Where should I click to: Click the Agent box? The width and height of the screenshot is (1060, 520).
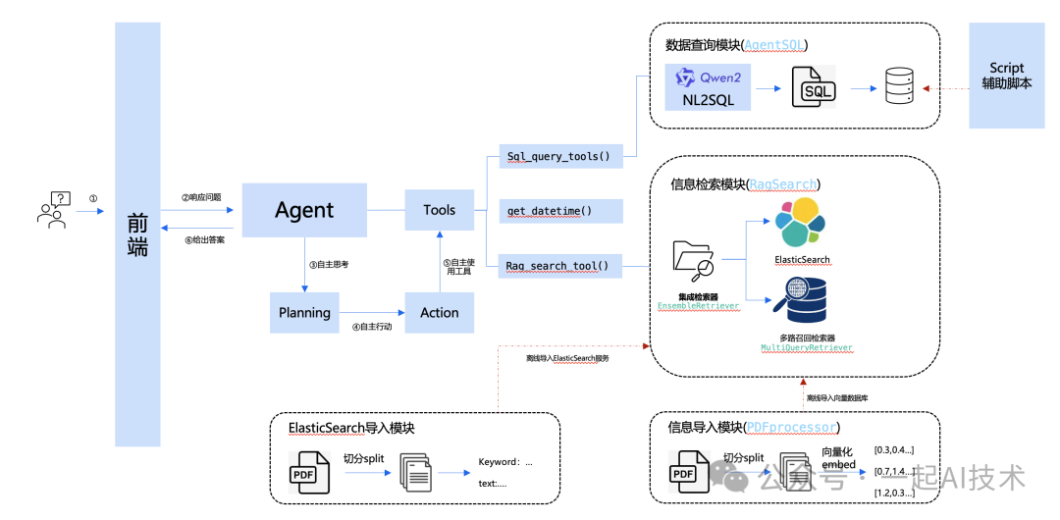[304, 210]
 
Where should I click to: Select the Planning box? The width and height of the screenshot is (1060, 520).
[304, 312]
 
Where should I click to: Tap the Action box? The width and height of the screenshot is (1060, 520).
[439, 312]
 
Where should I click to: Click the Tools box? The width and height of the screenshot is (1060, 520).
[439, 210]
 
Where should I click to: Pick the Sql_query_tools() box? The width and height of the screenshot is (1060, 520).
[559, 156]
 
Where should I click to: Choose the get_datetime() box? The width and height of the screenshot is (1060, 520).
[559, 211]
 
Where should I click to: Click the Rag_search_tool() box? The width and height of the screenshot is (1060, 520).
[559, 265]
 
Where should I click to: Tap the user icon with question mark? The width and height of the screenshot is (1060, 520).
[53, 210]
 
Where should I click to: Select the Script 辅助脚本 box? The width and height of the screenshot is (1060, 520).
[1007, 76]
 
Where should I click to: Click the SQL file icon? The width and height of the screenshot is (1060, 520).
[814, 87]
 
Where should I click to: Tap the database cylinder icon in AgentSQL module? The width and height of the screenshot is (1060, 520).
[897, 87]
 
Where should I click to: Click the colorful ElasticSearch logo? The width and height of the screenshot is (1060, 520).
[802, 224]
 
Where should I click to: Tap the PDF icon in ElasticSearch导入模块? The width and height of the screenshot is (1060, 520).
[307, 472]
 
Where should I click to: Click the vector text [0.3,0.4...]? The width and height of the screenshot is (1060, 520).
[893, 450]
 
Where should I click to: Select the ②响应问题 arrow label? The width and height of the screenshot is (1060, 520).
[201, 197]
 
